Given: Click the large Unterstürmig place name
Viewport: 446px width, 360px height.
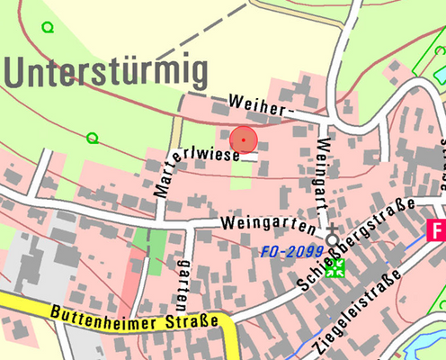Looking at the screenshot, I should [105, 70].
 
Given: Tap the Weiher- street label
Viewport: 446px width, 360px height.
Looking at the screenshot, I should [262, 104].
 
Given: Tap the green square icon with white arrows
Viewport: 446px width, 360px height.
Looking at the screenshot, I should [336, 268].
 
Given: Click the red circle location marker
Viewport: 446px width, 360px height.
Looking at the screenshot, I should [244, 140].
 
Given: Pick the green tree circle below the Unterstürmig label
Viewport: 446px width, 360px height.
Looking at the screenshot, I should [92, 138].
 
